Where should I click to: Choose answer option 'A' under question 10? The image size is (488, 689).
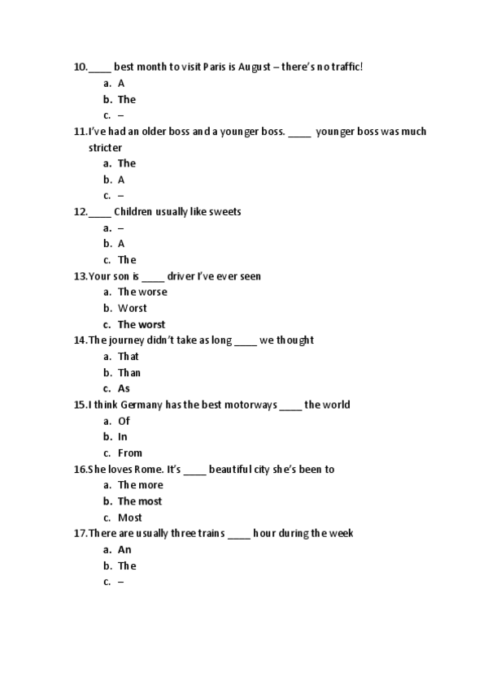[121, 83]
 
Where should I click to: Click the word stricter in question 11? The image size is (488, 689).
[105, 148]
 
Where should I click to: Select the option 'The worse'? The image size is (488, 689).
[142, 292]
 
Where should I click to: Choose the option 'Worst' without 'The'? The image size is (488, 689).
[133, 308]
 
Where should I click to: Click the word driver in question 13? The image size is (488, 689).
[181, 276]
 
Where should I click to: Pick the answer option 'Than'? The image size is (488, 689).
[129, 373]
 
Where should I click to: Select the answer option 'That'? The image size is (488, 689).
[129, 357]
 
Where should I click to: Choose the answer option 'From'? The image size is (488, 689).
[130, 453]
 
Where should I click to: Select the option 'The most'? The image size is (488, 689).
[140, 501]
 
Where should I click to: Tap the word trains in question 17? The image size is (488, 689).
[208, 534]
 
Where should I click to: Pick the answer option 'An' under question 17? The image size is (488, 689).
[124, 550]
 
